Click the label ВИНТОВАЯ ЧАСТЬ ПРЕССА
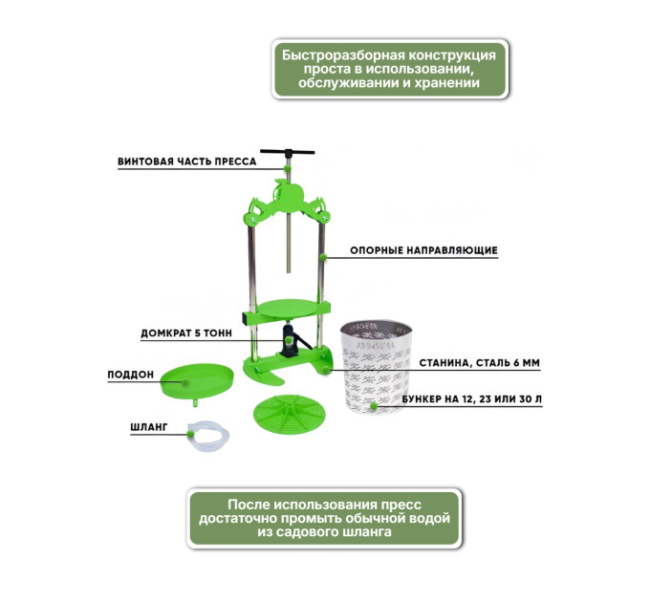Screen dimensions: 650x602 pos(187,161)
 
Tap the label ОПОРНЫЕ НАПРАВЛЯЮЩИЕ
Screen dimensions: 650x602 pos(423,250)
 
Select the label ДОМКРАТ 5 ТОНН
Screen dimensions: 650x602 pos(186,333)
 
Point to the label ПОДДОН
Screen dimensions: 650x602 pos(131,375)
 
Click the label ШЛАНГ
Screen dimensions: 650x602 pos(149,427)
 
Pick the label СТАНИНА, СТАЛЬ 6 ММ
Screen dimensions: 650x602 pos(480,363)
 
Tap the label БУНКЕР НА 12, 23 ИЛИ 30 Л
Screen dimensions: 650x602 pos(472,399)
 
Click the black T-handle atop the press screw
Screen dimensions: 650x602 pos(288,152)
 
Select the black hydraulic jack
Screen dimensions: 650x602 pos(292,339)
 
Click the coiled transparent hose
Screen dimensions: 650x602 pos(207,437)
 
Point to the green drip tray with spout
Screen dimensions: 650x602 pos(197,382)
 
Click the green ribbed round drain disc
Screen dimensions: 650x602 pos(290,415)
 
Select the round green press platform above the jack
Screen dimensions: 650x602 pos(289,309)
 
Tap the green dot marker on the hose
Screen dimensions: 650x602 pos(190,434)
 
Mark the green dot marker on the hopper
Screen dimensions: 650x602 pos(374,406)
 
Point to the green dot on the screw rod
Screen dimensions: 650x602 pos(288,168)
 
